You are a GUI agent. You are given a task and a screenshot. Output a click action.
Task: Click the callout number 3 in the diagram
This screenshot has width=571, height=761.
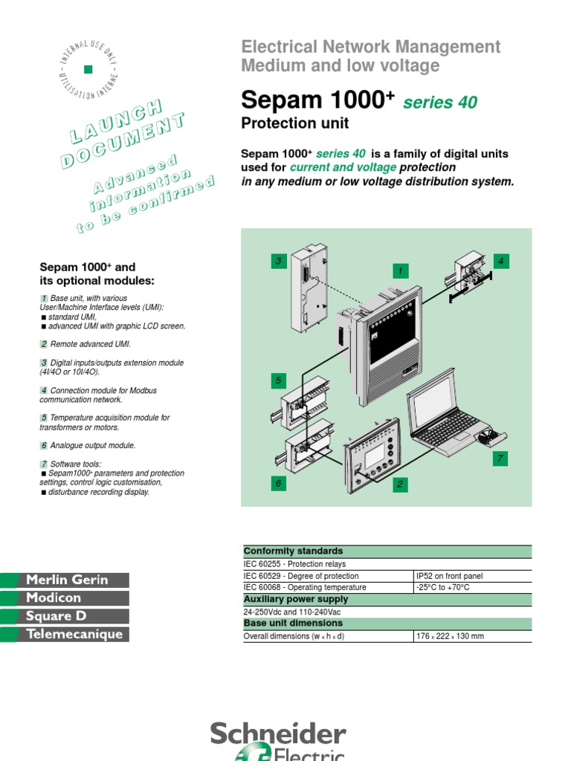point(278,261)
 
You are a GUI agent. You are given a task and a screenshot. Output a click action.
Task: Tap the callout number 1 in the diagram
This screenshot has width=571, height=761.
point(400,271)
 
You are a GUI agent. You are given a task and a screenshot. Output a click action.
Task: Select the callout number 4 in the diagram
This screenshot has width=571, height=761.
point(501,261)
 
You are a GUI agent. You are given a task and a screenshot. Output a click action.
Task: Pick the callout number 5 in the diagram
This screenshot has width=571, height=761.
point(278,381)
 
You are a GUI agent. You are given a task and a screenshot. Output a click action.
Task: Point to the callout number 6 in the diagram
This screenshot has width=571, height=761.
point(278,484)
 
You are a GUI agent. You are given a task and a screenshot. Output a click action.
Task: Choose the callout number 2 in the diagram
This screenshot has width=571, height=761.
point(400,485)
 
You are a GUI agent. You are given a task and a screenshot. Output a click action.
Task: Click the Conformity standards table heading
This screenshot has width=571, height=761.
point(294,551)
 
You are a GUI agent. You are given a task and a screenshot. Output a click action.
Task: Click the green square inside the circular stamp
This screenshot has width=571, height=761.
point(88,69)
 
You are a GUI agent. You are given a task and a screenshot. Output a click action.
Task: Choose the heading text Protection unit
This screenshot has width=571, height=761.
point(295,123)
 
